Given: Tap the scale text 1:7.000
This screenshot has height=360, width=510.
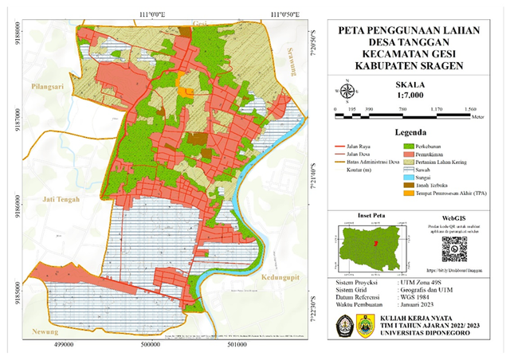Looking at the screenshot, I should click(409, 93).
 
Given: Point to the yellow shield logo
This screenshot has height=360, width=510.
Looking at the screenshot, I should click(366, 324).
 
